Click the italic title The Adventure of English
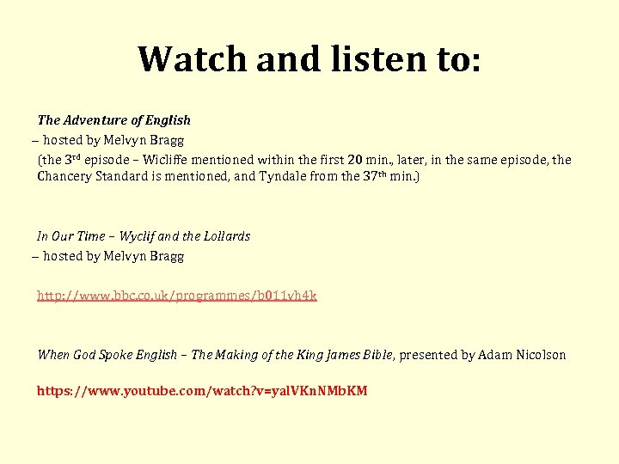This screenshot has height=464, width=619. tap(113, 120)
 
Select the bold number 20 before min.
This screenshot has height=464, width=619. tap(355, 160)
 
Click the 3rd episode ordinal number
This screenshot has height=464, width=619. tap(75, 159)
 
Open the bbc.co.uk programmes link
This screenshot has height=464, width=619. tap(176, 296)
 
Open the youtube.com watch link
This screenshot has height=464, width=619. tap(202, 391)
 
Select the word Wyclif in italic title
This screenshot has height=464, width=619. tap(138, 236)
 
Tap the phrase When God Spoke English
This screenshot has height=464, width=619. tap(107, 355)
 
